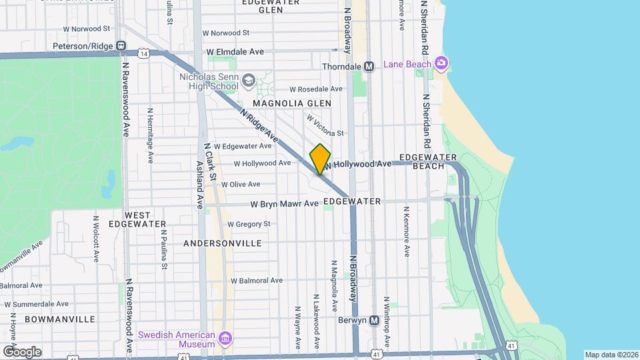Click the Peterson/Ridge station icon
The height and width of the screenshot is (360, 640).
121,46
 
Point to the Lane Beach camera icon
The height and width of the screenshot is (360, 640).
441,63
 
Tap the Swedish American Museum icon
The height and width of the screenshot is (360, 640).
225,339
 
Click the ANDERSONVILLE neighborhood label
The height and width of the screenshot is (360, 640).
222,243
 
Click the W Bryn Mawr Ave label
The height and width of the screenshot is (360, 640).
285,204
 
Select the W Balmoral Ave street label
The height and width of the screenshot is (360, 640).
257,281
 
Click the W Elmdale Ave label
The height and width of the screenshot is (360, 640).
235,51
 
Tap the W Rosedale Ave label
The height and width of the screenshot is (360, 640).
315,89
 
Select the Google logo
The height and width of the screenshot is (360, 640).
22,352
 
